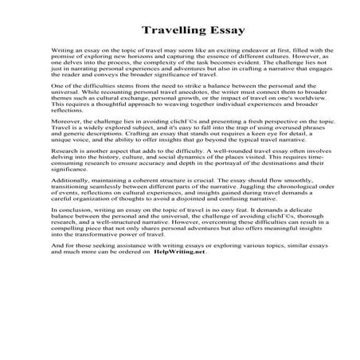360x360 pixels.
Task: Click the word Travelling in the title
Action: (163, 32)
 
